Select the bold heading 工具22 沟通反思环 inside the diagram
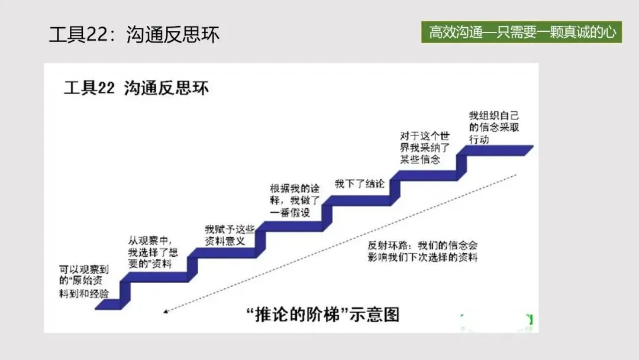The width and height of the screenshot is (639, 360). [136, 89]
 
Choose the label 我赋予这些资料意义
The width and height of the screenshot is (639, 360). [230, 235]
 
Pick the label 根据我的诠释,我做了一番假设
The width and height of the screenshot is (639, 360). [295, 201]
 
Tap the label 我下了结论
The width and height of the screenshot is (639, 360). [359, 183]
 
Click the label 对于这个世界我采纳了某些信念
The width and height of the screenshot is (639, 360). [425, 148]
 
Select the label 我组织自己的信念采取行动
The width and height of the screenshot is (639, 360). [493, 127]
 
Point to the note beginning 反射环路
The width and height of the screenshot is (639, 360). [422, 251]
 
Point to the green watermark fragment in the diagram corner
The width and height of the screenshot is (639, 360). [528, 320]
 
